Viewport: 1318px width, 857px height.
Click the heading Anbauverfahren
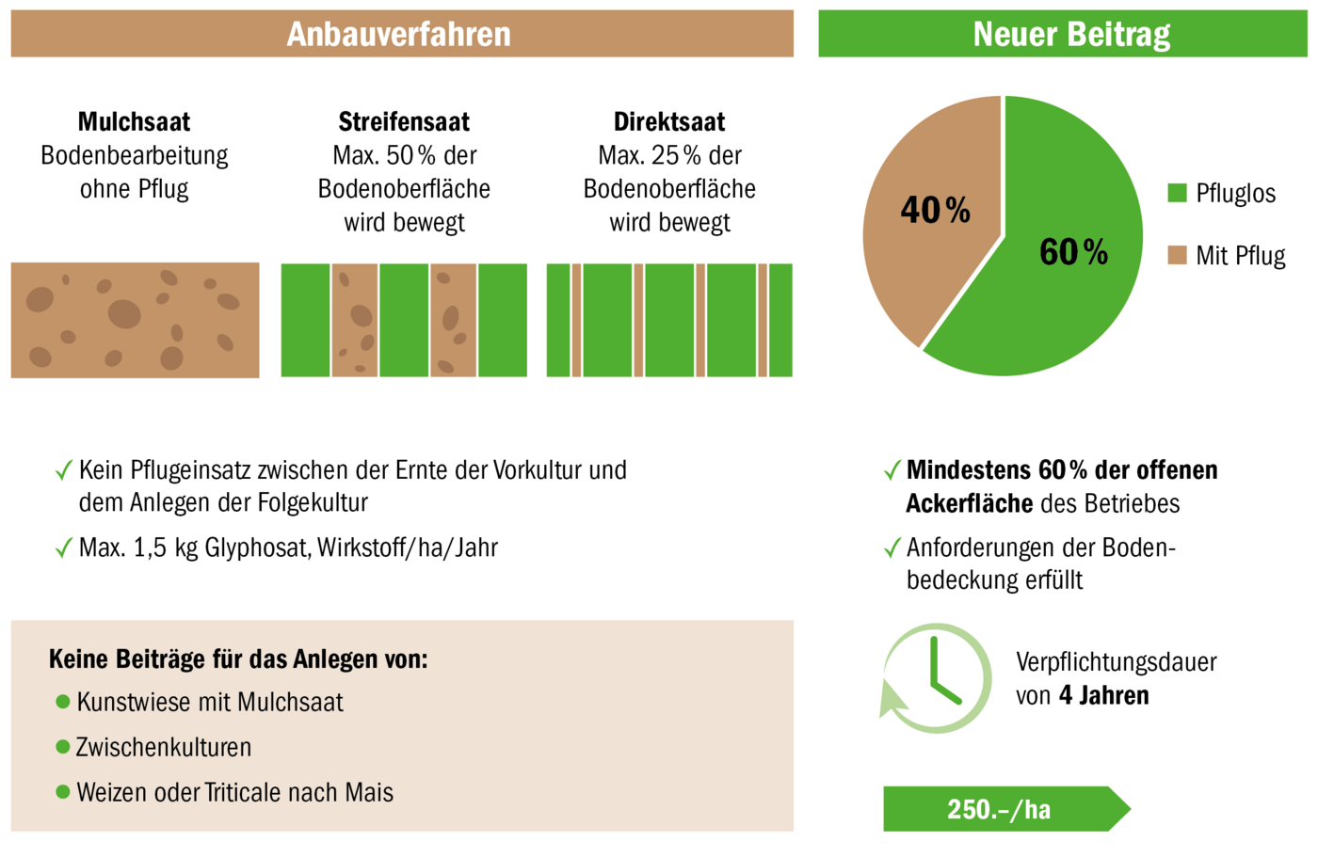pos(399,35)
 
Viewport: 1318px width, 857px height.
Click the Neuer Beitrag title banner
pos(1071,35)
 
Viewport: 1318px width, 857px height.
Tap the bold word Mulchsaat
pos(134,122)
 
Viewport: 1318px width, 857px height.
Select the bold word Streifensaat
pos(404,122)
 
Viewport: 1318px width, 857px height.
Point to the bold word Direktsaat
pos(669,122)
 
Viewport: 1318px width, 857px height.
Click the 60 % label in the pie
pos(1073,252)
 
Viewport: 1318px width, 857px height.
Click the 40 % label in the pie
pos(935,210)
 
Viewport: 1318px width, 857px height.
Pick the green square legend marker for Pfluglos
pos(1177,193)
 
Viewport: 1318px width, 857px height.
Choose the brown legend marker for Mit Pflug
pos(1177,255)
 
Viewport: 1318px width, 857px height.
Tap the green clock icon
pos(936,678)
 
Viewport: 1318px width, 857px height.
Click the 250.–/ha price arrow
pos(1003,809)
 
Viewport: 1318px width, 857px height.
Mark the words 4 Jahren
pos(1103,696)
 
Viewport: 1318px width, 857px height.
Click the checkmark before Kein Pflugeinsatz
pos(64,470)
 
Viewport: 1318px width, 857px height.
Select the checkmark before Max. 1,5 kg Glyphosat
pos(64,548)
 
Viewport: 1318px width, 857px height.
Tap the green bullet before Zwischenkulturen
pos(63,747)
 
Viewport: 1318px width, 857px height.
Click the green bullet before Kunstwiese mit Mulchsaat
pos(63,702)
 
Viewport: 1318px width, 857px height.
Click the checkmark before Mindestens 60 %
pos(892,470)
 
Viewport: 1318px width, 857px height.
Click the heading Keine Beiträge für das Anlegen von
pos(238,659)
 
